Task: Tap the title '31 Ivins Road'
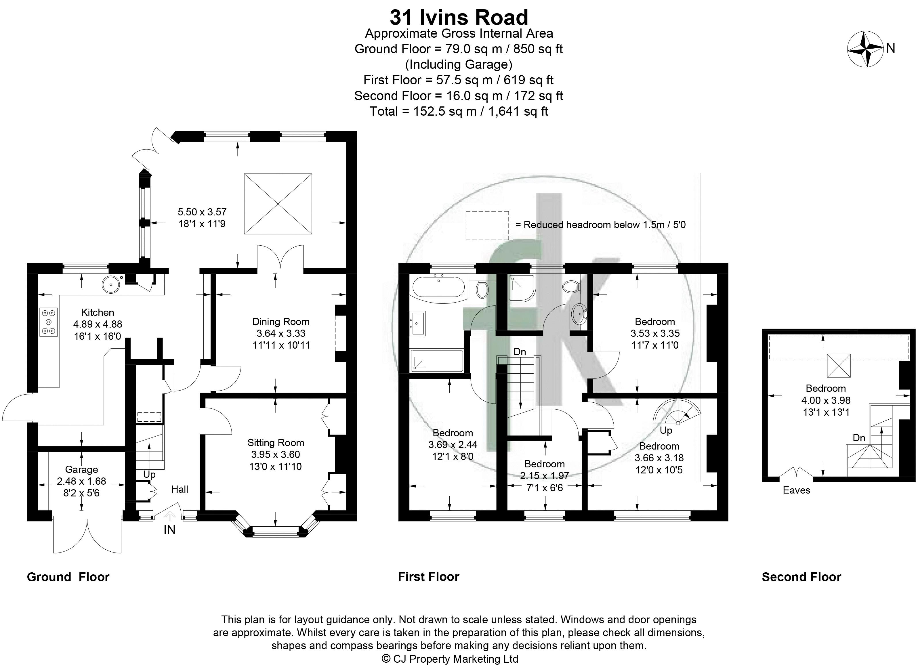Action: [x=459, y=18]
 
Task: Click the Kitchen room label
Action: [x=98, y=312]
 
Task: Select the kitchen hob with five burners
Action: [x=49, y=322]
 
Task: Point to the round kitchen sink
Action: [x=110, y=284]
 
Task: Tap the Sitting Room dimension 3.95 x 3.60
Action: [x=275, y=454]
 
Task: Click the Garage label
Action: [x=81, y=469]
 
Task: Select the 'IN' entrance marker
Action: [x=169, y=529]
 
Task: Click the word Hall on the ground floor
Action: [x=180, y=489]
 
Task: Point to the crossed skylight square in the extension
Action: [x=278, y=204]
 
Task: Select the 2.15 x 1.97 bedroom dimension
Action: [x=545, y=476]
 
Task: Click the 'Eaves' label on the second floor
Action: [x=797, y=490]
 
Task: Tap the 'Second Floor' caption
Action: [x=801, y=577]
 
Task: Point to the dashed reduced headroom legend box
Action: [x=487, y=225]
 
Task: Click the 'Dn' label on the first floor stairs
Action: [x=520, y=352]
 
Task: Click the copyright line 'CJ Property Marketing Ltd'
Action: [x=450, y=659]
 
